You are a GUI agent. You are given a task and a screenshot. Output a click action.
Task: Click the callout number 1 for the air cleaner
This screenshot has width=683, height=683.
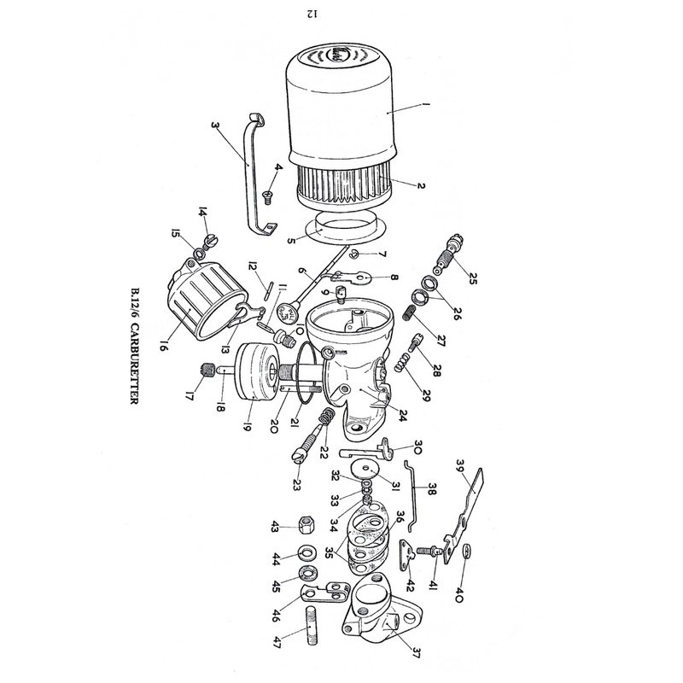(425, 103)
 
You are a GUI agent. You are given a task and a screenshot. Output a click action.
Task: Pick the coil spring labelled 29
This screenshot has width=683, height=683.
(403, 362)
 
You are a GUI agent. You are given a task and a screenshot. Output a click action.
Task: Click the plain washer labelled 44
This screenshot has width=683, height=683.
(307, 553)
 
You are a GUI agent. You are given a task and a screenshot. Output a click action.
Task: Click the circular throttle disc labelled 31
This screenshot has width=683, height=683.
(365, 468)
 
